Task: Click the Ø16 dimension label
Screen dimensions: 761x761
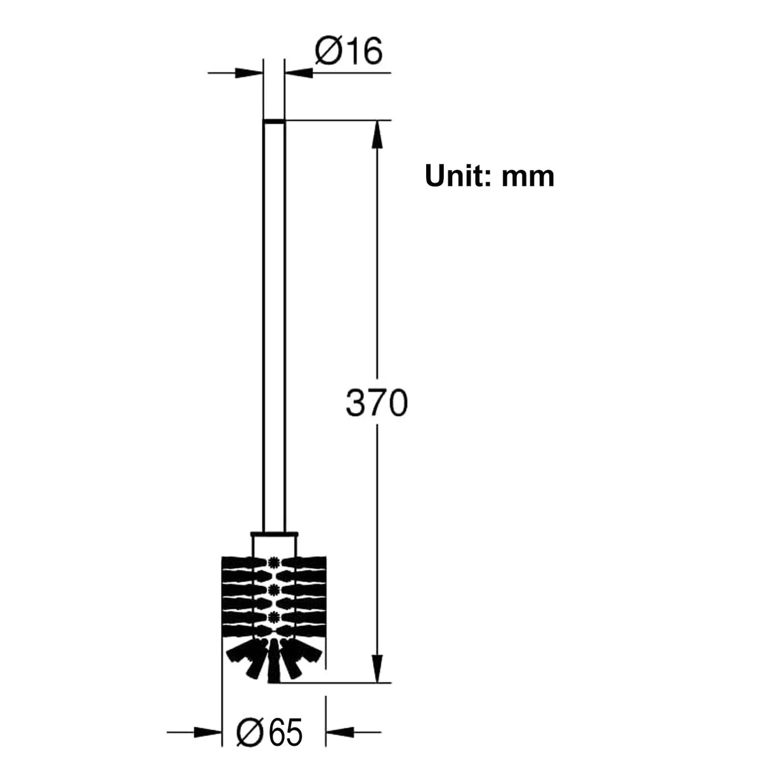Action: point(348,51)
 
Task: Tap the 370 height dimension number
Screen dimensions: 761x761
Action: point(376,403)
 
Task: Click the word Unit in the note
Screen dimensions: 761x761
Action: point(458,176)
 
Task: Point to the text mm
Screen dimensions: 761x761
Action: point(528,178)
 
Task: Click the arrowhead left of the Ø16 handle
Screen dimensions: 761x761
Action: point(249,73)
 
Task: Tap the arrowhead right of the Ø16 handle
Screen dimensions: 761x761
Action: point(299,73)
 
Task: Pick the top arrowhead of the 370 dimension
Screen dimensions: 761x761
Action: point(377,134)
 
